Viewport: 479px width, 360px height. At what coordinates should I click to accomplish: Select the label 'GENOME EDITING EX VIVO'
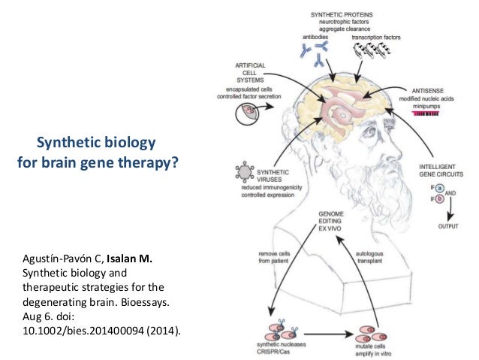[x=332, y=222]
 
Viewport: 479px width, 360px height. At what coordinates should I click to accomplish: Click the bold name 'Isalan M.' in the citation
[x=132, y=260]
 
